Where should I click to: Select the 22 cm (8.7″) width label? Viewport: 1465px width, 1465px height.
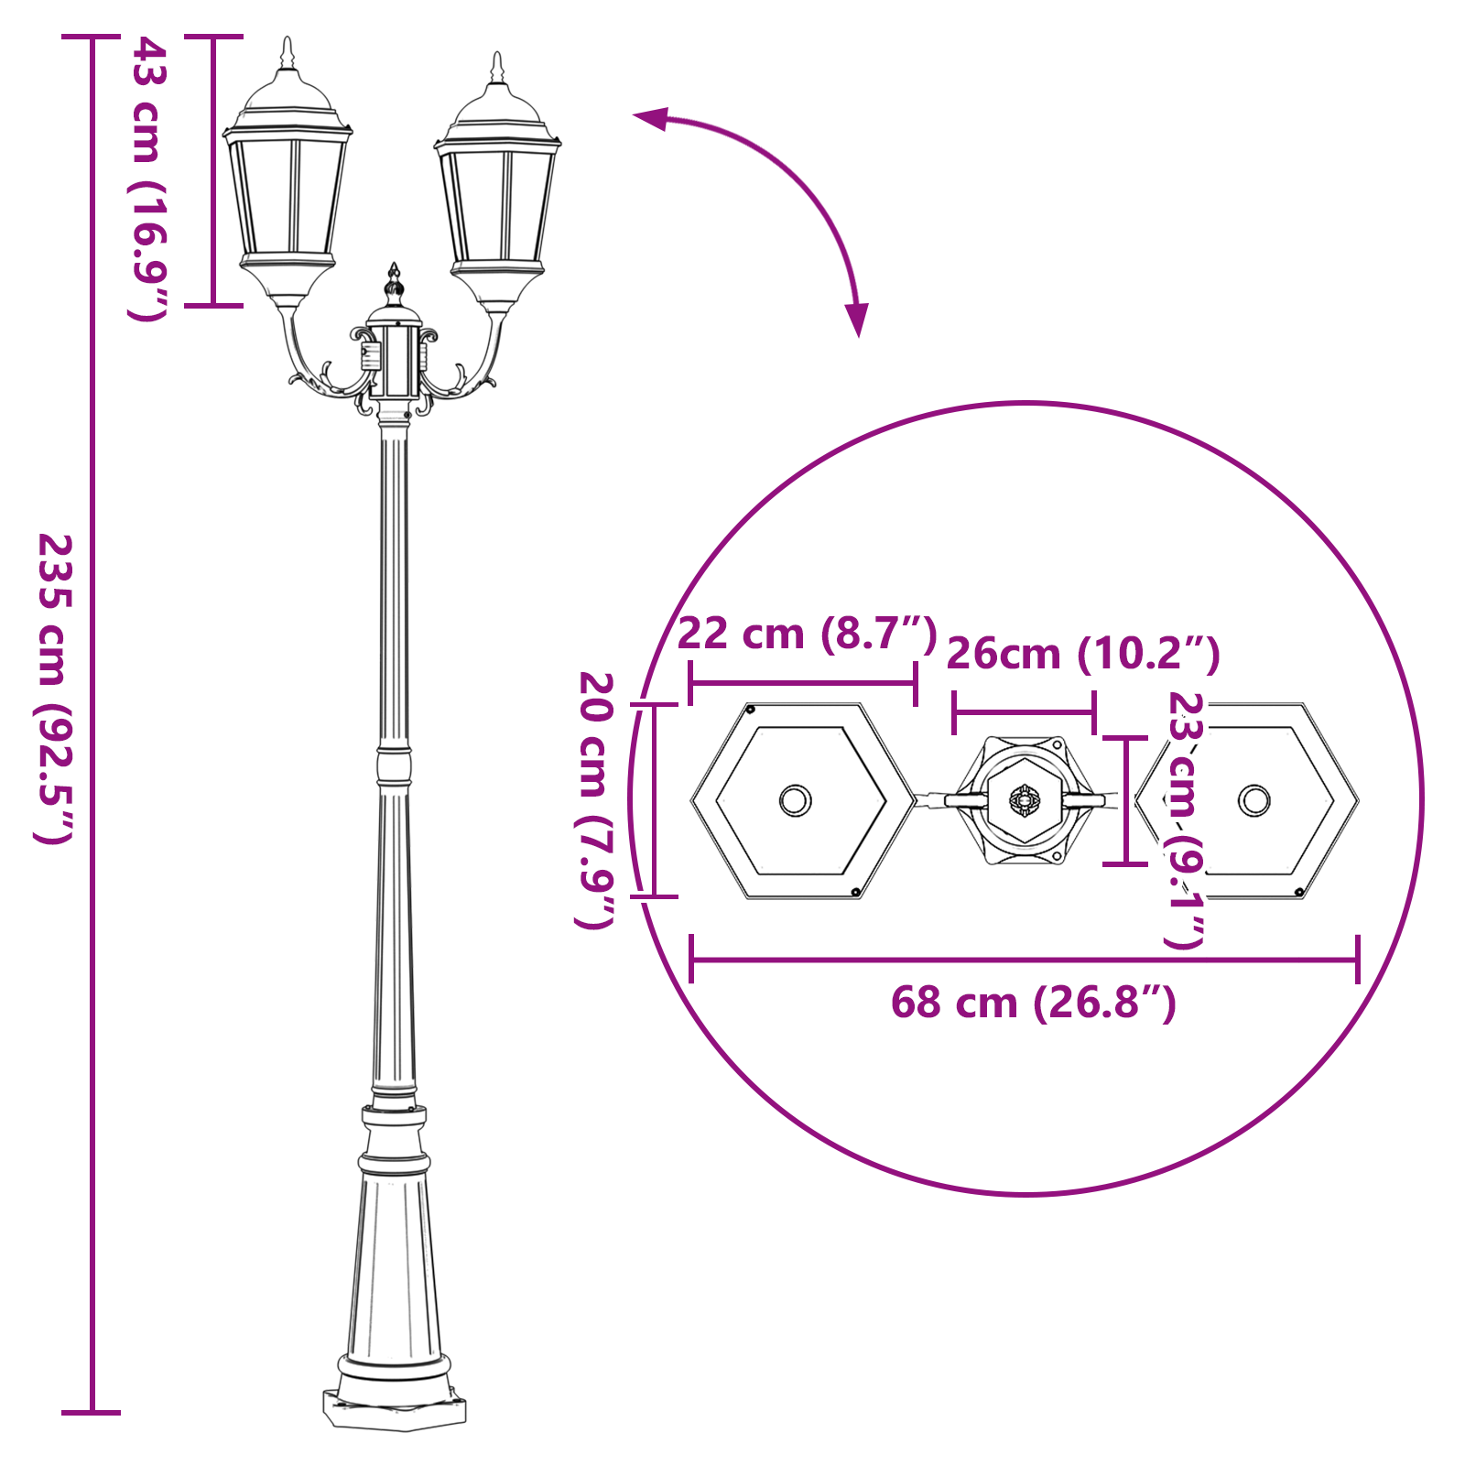point(807,634)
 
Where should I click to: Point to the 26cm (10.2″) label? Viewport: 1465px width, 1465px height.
point(1082,654)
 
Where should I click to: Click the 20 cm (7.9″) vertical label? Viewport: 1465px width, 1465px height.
point(596,799)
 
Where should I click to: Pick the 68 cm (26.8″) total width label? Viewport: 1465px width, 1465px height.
point(1033,1003)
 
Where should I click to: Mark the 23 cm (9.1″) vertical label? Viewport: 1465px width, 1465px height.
point(1185,819)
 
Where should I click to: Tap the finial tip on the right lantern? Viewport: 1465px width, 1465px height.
point(497,56)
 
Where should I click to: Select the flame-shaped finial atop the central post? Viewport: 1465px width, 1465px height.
point(394,284)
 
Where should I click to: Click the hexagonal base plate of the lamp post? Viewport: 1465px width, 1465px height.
point(394,1411)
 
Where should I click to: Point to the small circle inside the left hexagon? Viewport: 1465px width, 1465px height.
point(795,800)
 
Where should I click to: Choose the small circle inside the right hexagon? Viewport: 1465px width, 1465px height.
point(1253,800)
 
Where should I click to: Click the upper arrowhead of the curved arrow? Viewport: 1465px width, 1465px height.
point(648,117)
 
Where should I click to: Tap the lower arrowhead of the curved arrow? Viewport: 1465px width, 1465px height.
point(857,322)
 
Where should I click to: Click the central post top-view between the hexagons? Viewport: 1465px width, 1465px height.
point(1025,800)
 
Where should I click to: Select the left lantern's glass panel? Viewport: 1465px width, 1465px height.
point(288,197)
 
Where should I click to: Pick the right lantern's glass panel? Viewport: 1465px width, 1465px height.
point(498,206)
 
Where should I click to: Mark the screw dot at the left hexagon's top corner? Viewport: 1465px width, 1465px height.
point(751,710)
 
